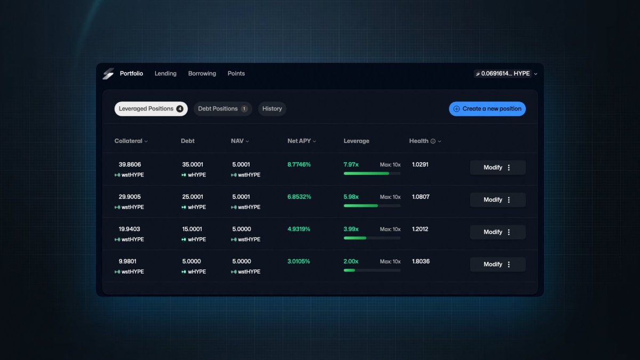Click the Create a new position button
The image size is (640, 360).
pos(487,109)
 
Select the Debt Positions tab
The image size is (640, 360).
pos(222,109)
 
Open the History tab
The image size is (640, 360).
pos(272,109)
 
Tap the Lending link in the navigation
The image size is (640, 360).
pos(165,74)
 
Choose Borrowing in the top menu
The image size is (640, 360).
pos(202,74)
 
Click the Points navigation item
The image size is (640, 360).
pos(236,74)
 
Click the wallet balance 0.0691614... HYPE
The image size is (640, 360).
pos(505,74)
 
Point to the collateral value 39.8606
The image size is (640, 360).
pos(130,165)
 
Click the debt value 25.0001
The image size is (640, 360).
pos(193,197)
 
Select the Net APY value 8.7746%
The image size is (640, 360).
pos(299,165)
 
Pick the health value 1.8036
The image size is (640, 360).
pos(421,262)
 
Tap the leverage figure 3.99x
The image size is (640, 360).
pos(351,229)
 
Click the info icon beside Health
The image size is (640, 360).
pos(433,141)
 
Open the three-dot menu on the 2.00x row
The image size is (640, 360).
pos(509,265)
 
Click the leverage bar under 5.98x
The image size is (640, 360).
pos(372,205)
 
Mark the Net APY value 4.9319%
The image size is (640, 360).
pos(299,229)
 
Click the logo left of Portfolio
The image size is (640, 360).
pos(108,74)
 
